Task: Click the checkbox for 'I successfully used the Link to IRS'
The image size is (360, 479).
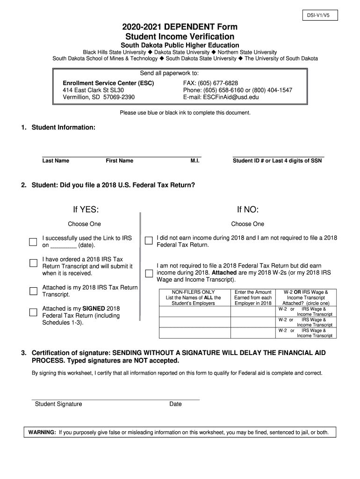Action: pyautogui.click(x=33, y=242)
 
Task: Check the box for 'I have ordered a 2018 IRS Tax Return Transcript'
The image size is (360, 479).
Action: pyautogui.click(x=33, y=263)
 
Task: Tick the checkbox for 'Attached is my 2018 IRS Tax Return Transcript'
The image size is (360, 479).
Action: pyautogui.click(x=33, y=291)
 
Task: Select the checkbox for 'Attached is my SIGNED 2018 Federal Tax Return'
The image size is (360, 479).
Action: pyautogui.click(x=33, y=312)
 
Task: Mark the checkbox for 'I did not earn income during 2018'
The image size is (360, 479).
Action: pyautogui.click(x=149, y=241)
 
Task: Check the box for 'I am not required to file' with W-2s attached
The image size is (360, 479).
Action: pyautogui.click(x=149, y=273)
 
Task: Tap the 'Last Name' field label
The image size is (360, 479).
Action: pyautogui.click(x=56, y=161)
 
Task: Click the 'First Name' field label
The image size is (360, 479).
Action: pyautogui.click(x=119, y=161)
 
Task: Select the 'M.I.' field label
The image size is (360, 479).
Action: pyautogui.click(x=195, y=161)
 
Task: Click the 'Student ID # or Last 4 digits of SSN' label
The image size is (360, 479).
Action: pyautogui.click(x=277, y=161)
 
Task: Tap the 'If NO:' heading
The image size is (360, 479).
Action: pyautogui.click(x=247, y=209)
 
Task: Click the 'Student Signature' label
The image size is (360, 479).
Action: pyautogui.click(x=58, y=404)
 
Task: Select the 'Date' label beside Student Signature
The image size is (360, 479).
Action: pyautogui.click(x=175, y=404)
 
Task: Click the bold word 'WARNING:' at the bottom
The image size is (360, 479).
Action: pyautogui.click(x=42, y=432)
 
